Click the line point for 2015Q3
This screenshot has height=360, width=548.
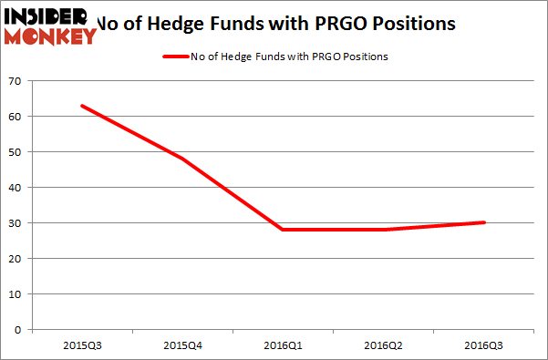pyautogui.click(x=82, y=106)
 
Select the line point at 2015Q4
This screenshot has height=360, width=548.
pyautogui.click(x=182, y=159)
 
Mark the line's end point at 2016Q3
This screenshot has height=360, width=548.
pyautogui.click(x=483, y=222)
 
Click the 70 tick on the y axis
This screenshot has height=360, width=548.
pyautogui.click(x=16, y=81)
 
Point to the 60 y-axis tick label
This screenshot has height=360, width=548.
pyautogui.click(x=16, y=117)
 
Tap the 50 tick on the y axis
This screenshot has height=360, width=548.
pyautogui.click(x=16, y=152)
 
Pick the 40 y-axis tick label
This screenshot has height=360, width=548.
pyautogui.click(x=16, y=188)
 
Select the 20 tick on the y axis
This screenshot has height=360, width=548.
pyautogui.click(x=16, y=258)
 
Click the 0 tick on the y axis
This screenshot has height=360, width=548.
pyautogui.click(x=20, y=329)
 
